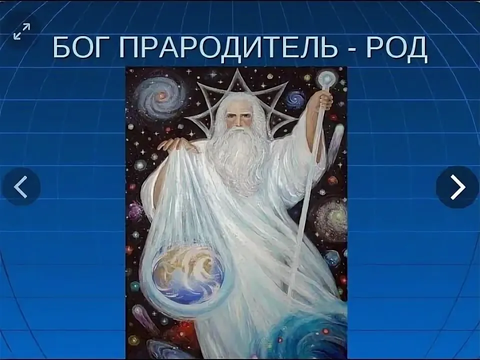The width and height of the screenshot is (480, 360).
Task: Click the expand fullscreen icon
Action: [21, 31]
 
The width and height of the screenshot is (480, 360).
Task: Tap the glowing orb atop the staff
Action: [327, 78]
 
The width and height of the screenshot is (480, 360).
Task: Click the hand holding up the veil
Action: [174, 144]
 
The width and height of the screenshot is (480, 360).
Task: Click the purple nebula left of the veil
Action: [136, 210]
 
